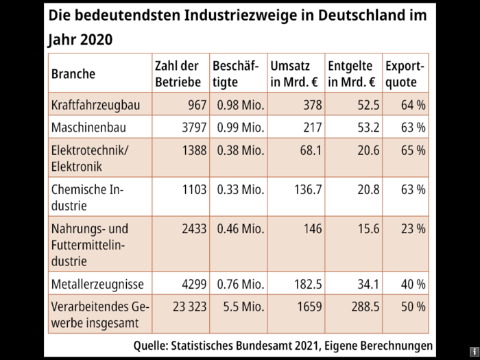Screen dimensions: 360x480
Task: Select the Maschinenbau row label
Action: [89, 128]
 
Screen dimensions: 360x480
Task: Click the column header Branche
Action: [73, 73]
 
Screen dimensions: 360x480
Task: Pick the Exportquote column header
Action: [404, 74]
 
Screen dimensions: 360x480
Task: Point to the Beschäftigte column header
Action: [235, 74]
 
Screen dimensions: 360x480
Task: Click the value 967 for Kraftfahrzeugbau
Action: [194, 105]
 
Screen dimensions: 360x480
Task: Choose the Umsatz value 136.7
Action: [304, 189]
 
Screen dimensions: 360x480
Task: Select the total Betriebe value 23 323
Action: [186, 307]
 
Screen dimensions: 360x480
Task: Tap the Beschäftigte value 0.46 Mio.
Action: [240, 228]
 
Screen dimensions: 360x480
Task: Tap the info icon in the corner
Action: [474, 351]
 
